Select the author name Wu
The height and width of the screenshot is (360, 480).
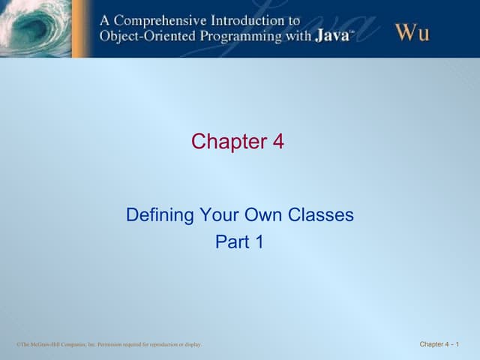point(412,31)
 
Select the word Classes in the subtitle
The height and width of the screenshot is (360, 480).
point(321,216)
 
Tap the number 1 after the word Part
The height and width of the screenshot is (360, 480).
point(259,242)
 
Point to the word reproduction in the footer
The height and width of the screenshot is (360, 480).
point(164,344)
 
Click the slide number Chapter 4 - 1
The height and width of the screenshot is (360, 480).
point(439,344)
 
